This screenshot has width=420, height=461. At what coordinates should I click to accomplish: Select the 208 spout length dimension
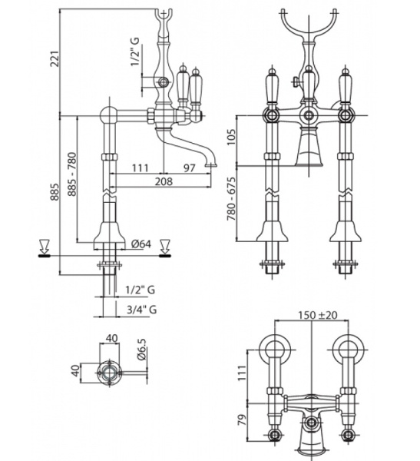pyautogui.click(x=163, y=181)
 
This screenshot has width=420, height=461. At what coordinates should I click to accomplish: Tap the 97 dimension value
pyautogui.click(x=190, y=167)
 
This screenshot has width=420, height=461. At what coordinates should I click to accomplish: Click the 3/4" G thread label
pyautogui.click(x=141, y=310)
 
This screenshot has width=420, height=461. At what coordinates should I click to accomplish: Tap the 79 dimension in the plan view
pyautogui.click(x=242, y=420)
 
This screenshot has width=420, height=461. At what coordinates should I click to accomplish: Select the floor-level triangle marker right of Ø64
pyautogui.click(x=164, y=247)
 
